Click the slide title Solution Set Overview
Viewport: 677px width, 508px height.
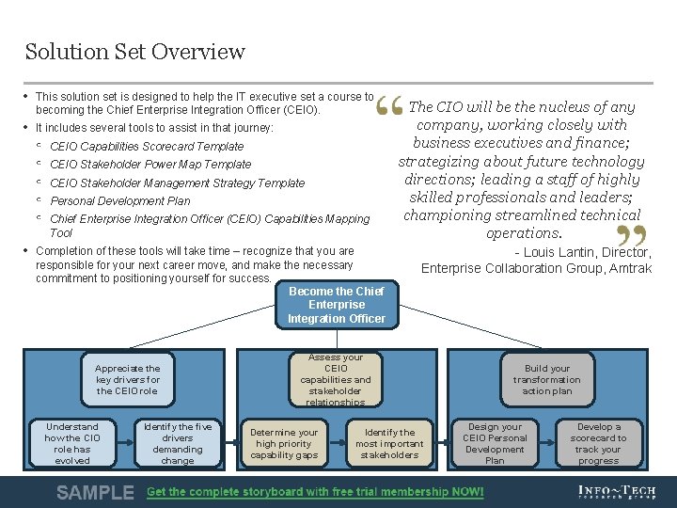click(135, 52)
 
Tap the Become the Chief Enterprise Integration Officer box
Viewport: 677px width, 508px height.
click(336, 305)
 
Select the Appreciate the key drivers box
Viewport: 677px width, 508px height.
click(128, 379)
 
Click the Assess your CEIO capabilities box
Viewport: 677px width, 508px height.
click(336, 379)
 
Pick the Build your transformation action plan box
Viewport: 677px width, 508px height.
click(547, 379)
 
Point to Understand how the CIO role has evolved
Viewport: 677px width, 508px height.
click(72, 443)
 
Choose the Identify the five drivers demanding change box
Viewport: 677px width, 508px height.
click(177, 443)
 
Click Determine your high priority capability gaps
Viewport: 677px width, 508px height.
click(284, 443)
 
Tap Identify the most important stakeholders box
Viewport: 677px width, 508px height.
click(388, 443)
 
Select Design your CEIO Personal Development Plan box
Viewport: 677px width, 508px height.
click(495, 443)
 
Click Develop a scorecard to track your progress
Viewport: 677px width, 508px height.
click(598, 443)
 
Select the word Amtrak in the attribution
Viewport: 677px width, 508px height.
click(629, 268)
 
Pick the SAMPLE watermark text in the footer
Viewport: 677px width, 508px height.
click(95, 492)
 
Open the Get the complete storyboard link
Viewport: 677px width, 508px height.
click(315, 492)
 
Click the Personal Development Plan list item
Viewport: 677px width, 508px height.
click(119, 200)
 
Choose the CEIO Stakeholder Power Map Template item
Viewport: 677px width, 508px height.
click(150, 165)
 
